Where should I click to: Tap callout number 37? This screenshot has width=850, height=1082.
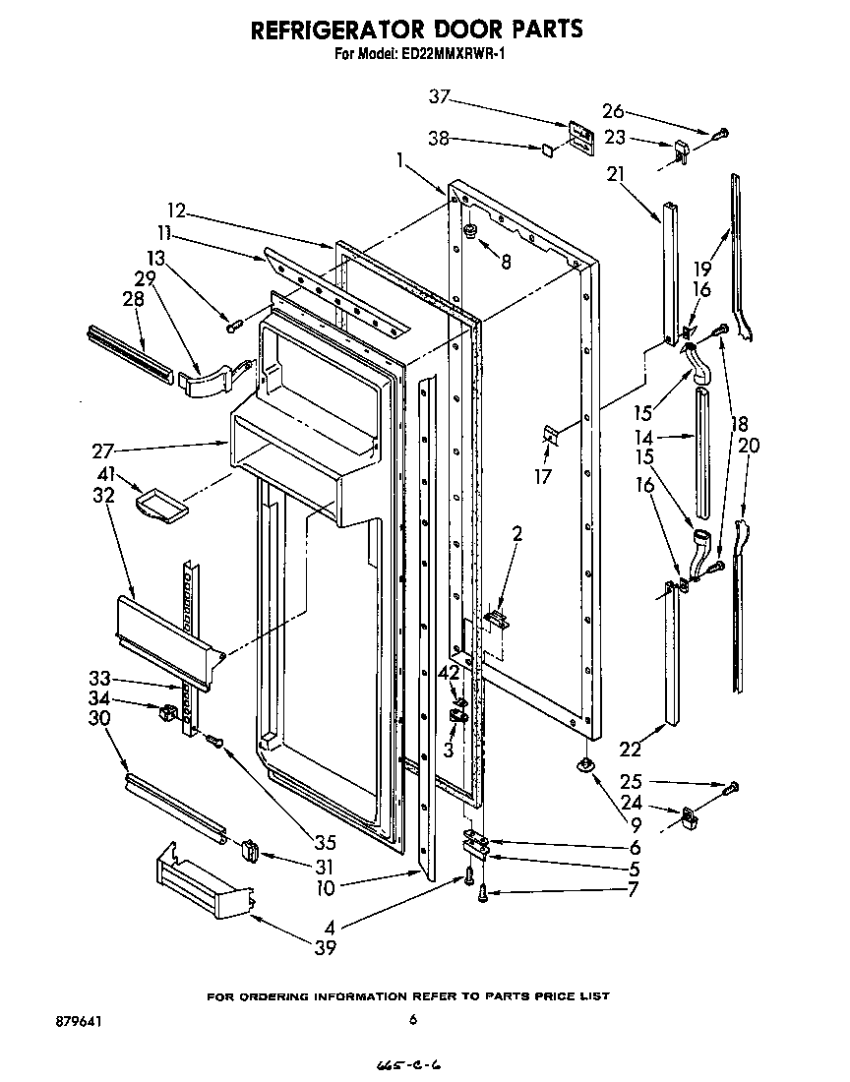440,96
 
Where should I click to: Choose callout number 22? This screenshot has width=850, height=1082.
630,750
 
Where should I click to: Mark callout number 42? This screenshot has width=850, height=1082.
448,674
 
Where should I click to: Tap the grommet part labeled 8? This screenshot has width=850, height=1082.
470,232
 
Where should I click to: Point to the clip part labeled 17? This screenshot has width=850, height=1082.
549,435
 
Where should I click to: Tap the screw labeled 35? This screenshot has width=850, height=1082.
212,740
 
